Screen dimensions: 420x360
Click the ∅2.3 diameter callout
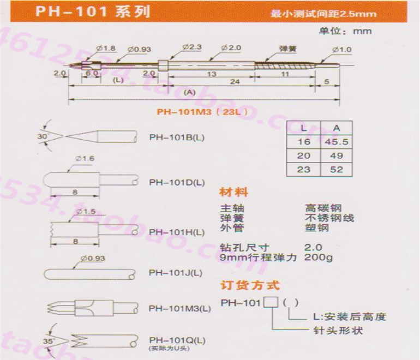pos(191,47)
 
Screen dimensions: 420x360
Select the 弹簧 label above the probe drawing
pos(287,48)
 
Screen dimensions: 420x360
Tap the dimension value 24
pos(236,82)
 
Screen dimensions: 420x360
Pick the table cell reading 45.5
pos(337,142)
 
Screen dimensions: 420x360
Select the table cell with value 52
pos(337,169)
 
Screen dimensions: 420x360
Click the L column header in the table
pos(304,128)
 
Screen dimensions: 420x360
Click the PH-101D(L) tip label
pos(177,182)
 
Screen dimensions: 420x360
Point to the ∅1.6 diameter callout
pos(86,158)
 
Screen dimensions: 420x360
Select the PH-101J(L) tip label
pos(176,272)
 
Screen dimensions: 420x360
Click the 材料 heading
pos(233,193)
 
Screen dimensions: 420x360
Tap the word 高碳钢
pos(322,208)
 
